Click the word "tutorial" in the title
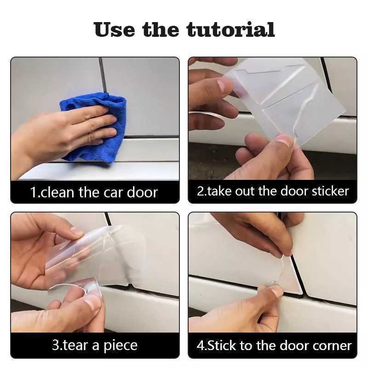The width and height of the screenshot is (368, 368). (x=230, y=29)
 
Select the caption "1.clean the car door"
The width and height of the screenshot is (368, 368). (x=94, y=192)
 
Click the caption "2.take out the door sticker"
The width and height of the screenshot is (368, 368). (x=273, y=191)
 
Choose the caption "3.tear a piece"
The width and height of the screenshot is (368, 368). (x=94, y=345)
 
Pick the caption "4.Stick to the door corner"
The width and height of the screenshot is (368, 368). (x=274, y=345)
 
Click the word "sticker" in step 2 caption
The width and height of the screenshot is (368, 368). (x=328, y=191)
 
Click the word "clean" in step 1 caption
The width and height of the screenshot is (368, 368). (x=58, y=192)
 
